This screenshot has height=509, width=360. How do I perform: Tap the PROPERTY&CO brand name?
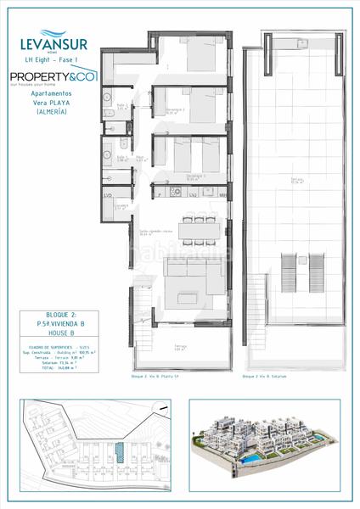click(53, 76)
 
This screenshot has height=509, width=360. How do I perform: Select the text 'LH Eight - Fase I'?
click(53, 57)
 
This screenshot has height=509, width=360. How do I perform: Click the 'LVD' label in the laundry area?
click(109, 196)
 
